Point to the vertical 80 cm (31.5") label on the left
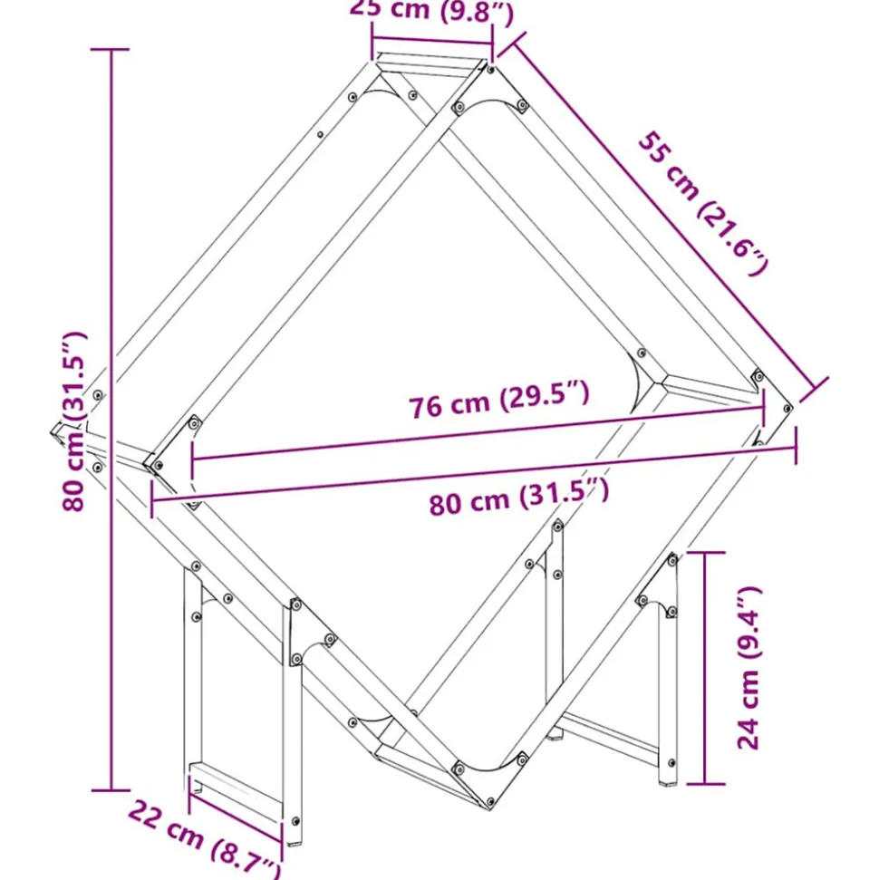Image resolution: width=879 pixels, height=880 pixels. coord(76,421)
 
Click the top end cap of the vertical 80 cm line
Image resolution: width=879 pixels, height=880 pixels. coord(112,50)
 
